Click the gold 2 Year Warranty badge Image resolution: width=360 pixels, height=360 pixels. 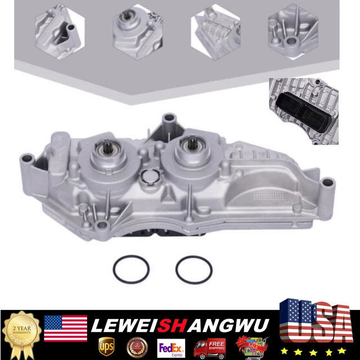[x=21, y=332]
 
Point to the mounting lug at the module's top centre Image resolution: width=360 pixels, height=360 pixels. [x=167, y=120]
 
